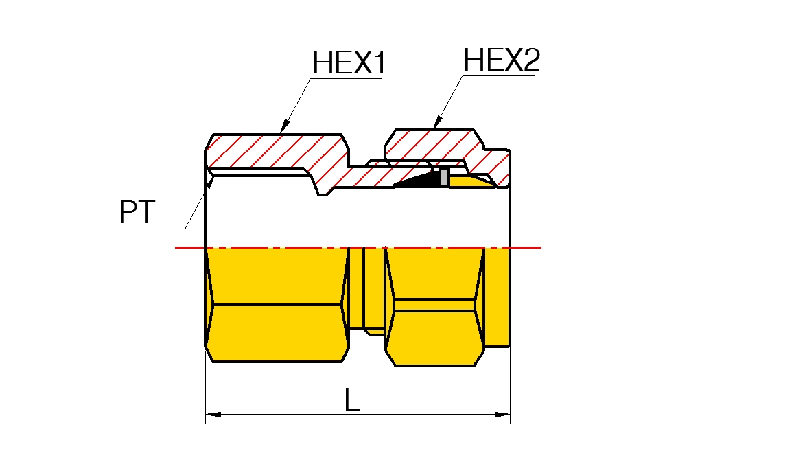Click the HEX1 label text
(349, 64)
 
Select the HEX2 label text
(502, 60)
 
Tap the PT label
(138, 213)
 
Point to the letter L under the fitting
(352, 400)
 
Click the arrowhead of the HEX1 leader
(283, 128)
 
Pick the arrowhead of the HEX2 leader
(436, 124)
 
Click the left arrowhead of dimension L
(213, 415)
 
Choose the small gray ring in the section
(445, 177)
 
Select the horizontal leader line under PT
(137, 228)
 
